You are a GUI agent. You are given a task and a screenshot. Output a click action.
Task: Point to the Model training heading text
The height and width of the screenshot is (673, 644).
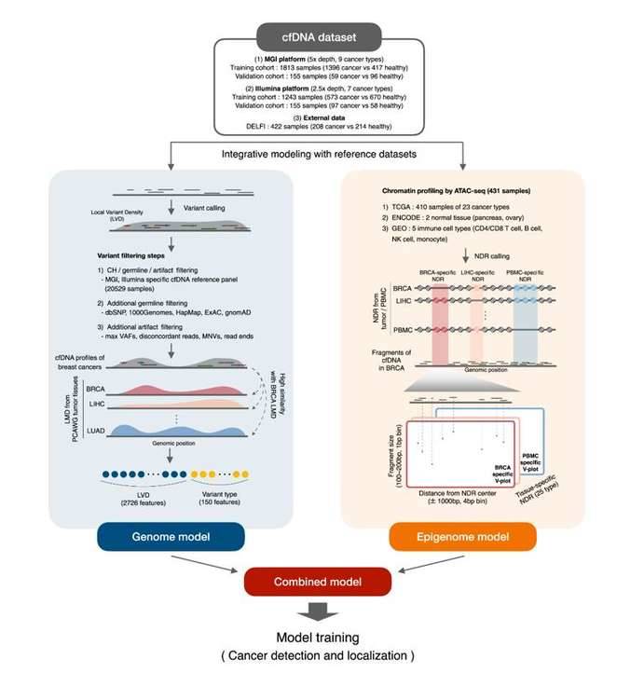[321, 638]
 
